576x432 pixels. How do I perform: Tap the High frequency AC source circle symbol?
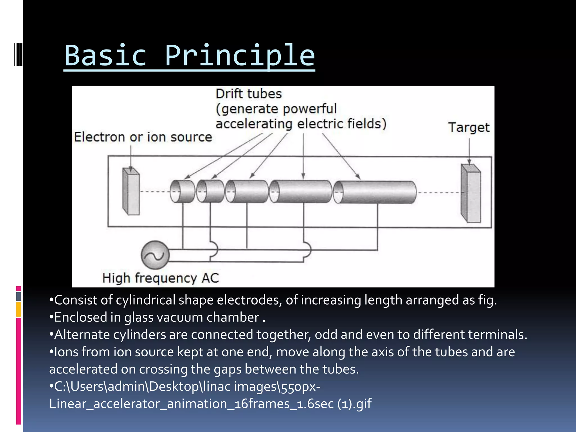[155, 255]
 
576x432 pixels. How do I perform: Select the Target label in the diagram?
[469, 127]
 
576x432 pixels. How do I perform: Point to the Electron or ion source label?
[143, 137]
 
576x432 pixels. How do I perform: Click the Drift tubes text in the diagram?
[249, 94]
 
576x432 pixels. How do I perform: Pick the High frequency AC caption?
[160, 278]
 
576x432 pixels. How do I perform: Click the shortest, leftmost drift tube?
[183, 191]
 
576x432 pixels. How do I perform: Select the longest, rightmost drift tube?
[375, 192]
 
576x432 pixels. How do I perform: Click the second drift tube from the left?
[211, 191]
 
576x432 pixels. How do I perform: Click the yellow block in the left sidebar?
[19, 309]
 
